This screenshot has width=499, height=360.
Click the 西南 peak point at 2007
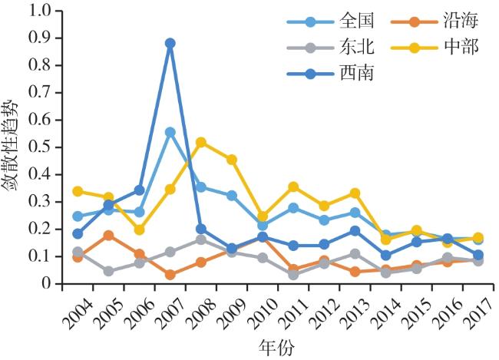click(x=170, y=43)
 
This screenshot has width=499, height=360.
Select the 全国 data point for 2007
click(x=170, y=132)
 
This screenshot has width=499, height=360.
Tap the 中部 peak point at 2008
click(x=201, y=142)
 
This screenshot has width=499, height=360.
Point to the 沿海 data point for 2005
click(x=108, y=235)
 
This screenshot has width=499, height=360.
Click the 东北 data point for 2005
click(x=108, y=271)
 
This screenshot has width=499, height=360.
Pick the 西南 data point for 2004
click(x=78, y=233)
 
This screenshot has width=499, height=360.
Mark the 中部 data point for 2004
click(x=78, y=191)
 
